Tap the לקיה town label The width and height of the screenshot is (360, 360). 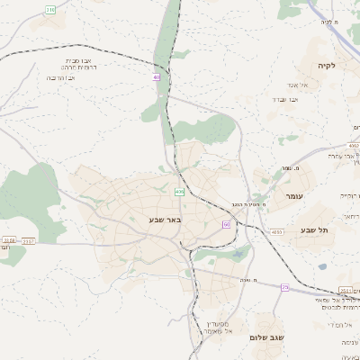point(326,66)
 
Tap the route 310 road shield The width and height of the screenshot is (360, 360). point(50,10)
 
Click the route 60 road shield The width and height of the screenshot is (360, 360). point(227,223)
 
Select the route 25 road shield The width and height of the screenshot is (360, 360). point(285,287)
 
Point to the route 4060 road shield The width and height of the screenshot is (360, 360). point(276,232)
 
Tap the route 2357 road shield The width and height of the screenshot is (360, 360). point(29,240)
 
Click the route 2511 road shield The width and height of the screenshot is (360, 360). point(346,290)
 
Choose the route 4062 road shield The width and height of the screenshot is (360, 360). point(355,144)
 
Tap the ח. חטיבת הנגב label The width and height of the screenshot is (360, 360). point(248,204)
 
